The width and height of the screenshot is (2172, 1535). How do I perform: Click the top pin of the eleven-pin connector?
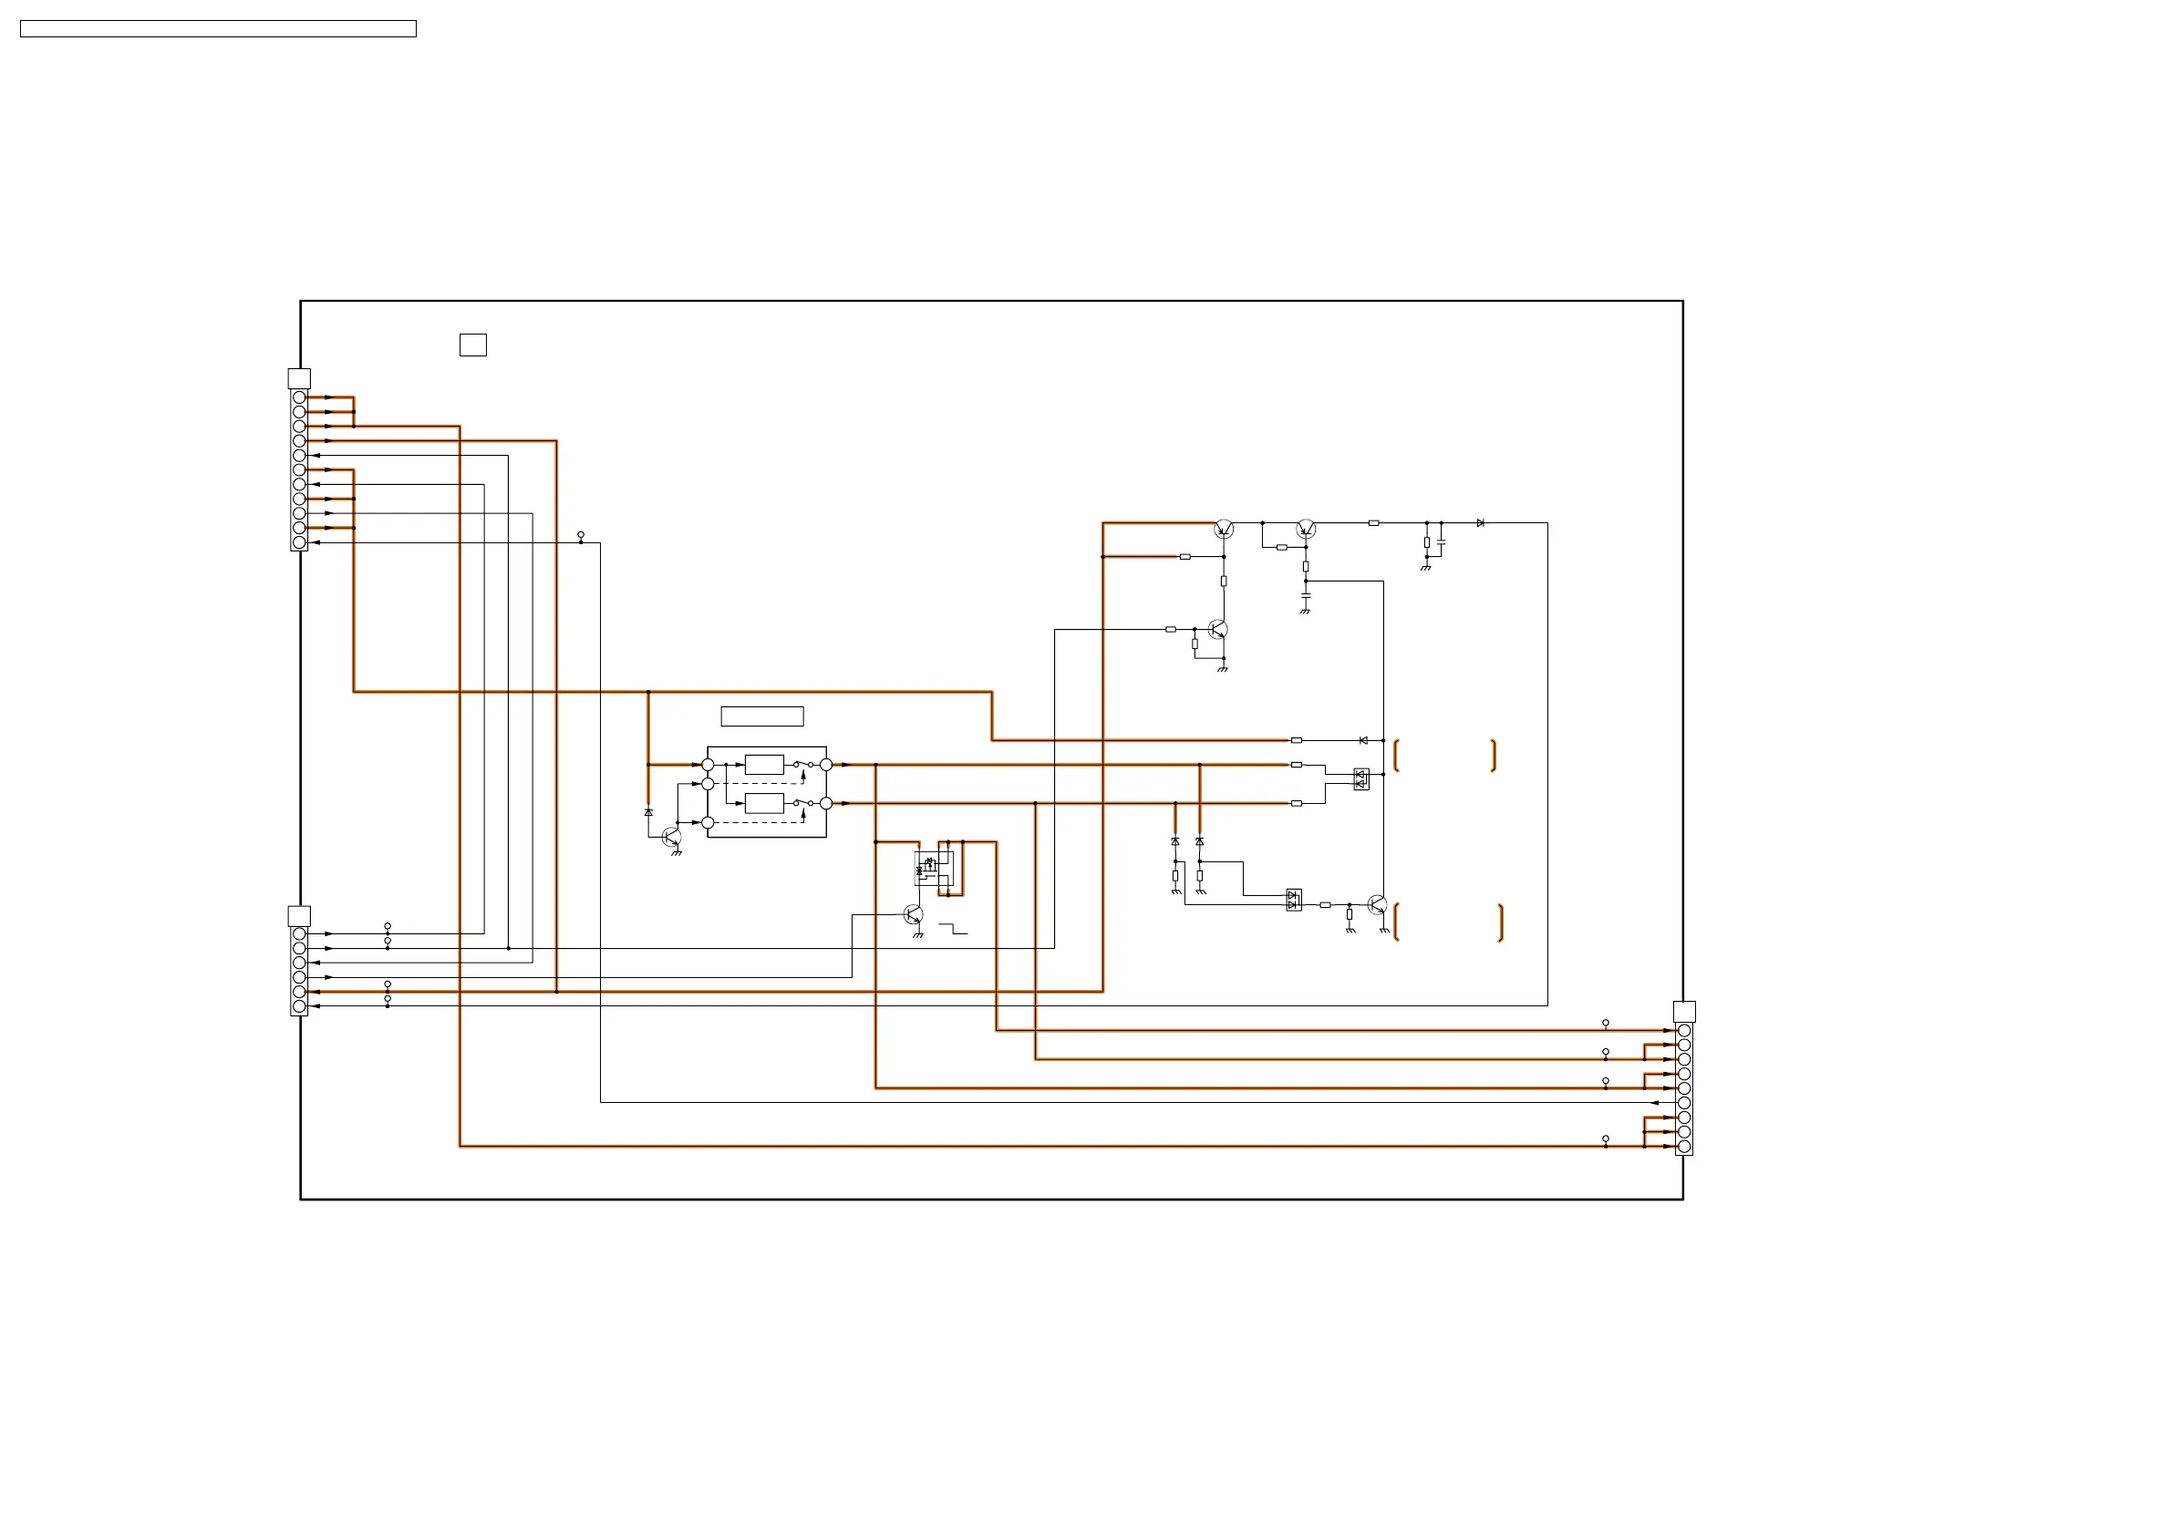tap(299, 397)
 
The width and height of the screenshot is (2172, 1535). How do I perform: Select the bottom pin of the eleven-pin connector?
tap(299, 543)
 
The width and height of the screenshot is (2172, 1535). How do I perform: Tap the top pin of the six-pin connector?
tap(299, 933)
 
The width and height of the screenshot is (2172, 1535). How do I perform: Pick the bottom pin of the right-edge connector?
tap(1684, 1147)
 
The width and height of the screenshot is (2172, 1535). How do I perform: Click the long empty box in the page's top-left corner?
tap(218, 29)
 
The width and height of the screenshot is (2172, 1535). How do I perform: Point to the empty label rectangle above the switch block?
tap(761, 716)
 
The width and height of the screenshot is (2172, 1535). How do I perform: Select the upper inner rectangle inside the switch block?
tap(764, 764)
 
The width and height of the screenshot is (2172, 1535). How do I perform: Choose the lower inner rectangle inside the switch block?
tap(764, 803)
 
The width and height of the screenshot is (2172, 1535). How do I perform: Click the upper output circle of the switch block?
tap(826, 764)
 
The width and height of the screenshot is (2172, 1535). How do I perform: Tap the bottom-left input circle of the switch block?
tap(708, 823)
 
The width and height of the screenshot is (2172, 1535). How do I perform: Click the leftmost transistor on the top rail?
tap(1223, 529)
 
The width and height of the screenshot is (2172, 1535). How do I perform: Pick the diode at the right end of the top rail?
tap(1481, 523)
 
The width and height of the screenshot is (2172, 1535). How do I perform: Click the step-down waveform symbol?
tap(953, 929)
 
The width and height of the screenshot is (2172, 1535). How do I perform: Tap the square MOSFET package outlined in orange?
tap(933, 867)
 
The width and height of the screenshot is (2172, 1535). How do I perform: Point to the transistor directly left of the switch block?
tap(672, 837)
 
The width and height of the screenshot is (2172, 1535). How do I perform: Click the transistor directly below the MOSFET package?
tap(913, 914)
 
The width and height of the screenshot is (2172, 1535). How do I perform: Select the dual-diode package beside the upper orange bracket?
tap(1361, 779)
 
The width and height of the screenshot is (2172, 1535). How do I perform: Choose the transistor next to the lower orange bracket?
tap(1378, 905)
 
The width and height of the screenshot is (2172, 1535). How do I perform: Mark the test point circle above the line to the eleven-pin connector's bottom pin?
tap(581, 535)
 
